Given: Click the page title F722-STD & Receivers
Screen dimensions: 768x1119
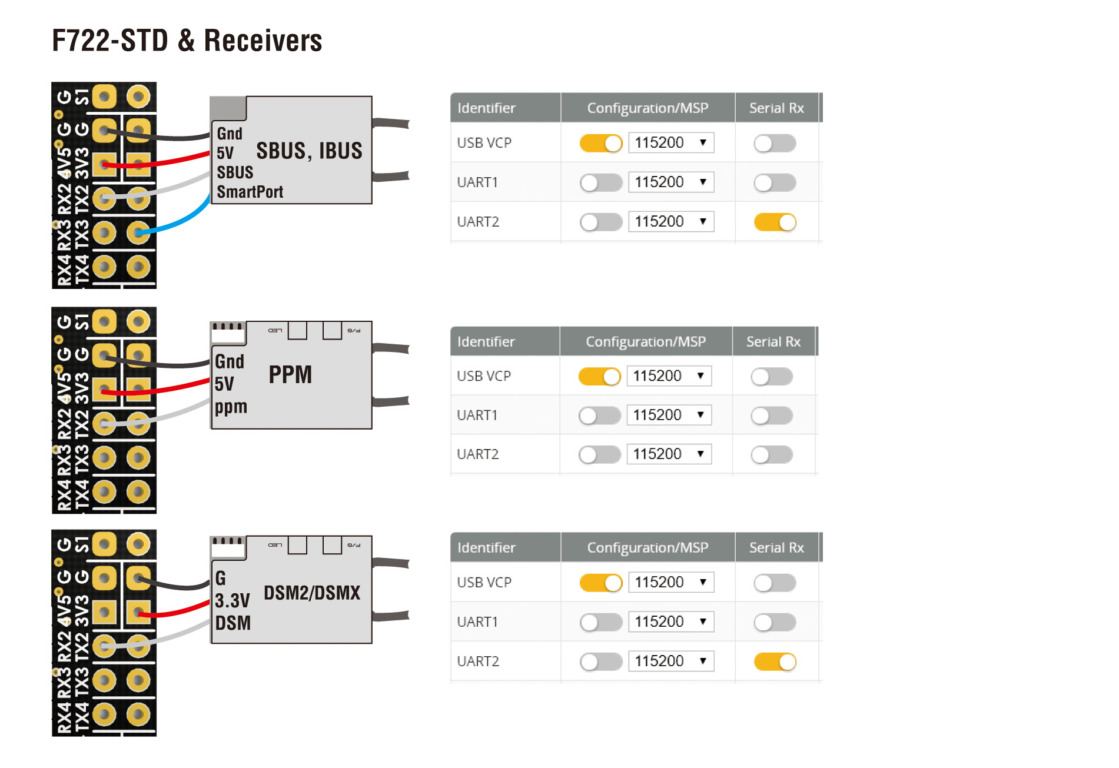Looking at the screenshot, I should pos(187,41).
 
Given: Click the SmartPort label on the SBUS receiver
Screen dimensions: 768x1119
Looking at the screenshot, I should pos(250,192).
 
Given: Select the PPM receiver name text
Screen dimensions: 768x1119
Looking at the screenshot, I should pos(290,375).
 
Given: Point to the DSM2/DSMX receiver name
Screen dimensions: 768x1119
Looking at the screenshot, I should pos(312,593).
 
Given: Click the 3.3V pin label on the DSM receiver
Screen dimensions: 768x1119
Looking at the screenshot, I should pos(232,601).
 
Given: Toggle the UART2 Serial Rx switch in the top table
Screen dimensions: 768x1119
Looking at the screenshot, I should pos(775,222).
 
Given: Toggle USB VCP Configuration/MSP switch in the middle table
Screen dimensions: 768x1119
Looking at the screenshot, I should pos(599,376).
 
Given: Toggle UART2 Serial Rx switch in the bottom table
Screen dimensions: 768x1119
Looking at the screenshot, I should pos(775,661).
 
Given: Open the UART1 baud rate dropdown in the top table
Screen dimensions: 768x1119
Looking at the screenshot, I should pos(671,182).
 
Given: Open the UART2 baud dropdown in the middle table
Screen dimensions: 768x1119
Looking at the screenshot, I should pos(669,454).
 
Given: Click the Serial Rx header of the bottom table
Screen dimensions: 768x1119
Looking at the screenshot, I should pos(776,547).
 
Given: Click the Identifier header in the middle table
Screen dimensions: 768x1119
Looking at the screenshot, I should pos(486,341).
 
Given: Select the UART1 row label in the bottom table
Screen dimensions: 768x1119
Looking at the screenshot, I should pos(477,621).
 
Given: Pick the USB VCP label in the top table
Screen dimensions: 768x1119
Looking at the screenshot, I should pos(484,142).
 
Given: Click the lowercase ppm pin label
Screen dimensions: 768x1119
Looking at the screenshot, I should pos(231,407).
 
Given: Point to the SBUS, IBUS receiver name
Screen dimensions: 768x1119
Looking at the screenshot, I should pos(309,151).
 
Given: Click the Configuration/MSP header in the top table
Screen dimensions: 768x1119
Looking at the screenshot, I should pos(648,108).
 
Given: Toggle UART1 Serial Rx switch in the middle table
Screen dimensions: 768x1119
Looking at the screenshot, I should pos(772,415).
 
